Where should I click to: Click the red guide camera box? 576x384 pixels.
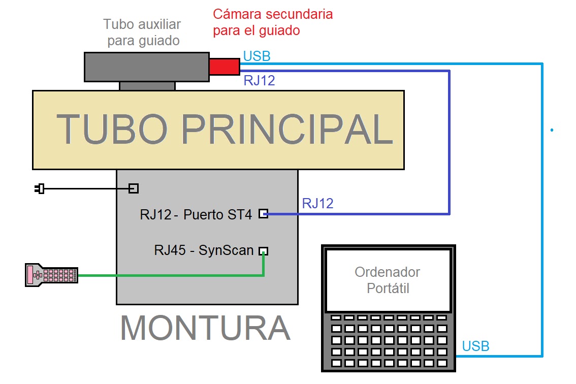click(224, 67)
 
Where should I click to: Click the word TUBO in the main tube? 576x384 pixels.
click(112, 130)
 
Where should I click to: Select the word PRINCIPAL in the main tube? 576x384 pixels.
click(287, 130)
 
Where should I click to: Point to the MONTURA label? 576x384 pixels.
click(205, 328)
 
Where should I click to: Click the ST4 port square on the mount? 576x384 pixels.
click(263, 214)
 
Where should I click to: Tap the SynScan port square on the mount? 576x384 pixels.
click(263, 251)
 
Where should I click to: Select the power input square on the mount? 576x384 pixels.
click(133, 188)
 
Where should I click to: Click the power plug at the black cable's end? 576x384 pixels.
click(40, 189)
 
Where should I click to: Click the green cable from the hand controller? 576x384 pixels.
click(168, 276)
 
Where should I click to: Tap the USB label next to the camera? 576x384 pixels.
click(257, 56)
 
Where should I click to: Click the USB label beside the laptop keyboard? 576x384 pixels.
click(475, 346)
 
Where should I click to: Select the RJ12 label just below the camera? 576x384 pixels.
click(259, 80)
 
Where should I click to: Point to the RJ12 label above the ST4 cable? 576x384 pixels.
click(317, 204)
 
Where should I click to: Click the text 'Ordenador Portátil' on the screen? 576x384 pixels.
click(387, 280)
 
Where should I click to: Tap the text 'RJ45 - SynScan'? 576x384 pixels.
click(204, 250)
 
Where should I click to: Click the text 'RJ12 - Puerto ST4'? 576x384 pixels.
click(196, 214)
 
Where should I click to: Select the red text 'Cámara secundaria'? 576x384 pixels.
click(273, 14)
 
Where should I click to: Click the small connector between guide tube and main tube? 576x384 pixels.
click(147, 86)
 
